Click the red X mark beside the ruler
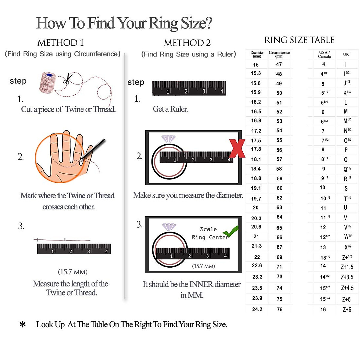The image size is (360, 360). [x=237, y=148]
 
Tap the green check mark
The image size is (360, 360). [x=230, y=231]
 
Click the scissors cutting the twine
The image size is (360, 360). [x=67, y=79]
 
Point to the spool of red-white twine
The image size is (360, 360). [x=47, y=82]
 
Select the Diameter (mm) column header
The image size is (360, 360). [x=257, y=54]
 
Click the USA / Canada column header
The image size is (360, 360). [x=324, y=54]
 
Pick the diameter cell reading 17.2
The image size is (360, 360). [x=256, y=131]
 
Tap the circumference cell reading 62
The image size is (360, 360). [x=280, y=198]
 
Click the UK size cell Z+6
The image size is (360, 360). [x=347, y=310]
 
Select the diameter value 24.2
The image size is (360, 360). [x=257, y=309]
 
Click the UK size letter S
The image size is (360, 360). [x=346, y=188]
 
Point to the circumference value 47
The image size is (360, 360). [x=279, y=64]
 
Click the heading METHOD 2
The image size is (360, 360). [x=187, y=43]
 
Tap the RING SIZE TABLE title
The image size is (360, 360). [x=299, y=40]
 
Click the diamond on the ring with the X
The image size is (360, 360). [x=169, y=139]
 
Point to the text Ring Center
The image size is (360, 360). [x=210, y=237]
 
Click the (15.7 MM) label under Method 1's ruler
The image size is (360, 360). [x=73, y=272]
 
